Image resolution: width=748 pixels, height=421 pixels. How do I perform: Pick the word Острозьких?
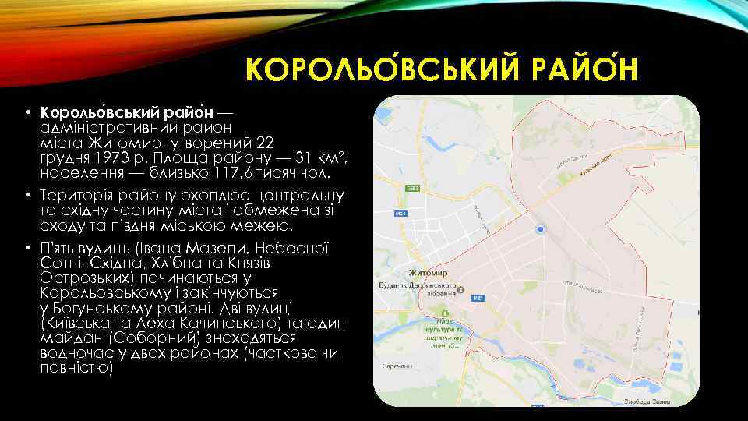tap(90, 278)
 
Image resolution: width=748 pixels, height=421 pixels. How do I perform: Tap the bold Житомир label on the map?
tap(428, 274)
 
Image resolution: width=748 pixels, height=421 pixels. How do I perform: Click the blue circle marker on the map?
tap(541, 228)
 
